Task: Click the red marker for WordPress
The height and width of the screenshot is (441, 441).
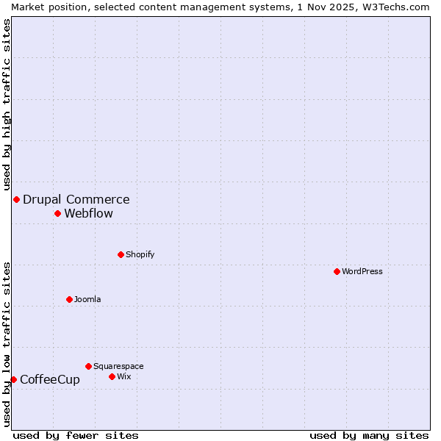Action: click(337, 271)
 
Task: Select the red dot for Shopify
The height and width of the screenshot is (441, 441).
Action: click(121, 254)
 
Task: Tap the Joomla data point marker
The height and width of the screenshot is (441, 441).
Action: click(69, 299)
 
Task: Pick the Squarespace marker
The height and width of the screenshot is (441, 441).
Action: click(88, 366)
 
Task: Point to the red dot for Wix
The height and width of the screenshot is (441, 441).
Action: click(112, 376)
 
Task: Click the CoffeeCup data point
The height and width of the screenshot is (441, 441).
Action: click(13, 379)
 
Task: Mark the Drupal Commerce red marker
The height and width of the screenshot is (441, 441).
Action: click(16, 199)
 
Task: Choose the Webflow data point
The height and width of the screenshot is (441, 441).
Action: click(57, 213)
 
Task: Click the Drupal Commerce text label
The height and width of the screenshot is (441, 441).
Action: click(76, 199)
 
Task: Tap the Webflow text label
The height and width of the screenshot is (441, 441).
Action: click(88, 213)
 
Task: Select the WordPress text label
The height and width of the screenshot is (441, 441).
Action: click(362, 271)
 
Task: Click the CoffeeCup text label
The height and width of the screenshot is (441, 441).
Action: click(50, 379)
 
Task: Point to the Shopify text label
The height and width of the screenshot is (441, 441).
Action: click(140, 254)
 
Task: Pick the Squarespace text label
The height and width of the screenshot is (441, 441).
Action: click(118, 366)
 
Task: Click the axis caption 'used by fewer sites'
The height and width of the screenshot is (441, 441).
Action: click(76, 435)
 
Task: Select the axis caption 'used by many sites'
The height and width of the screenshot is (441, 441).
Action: click(369, 435)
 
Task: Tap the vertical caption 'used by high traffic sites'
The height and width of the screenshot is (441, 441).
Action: click(7, 104)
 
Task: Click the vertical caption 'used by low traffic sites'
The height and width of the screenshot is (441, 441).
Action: click(7, 344)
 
